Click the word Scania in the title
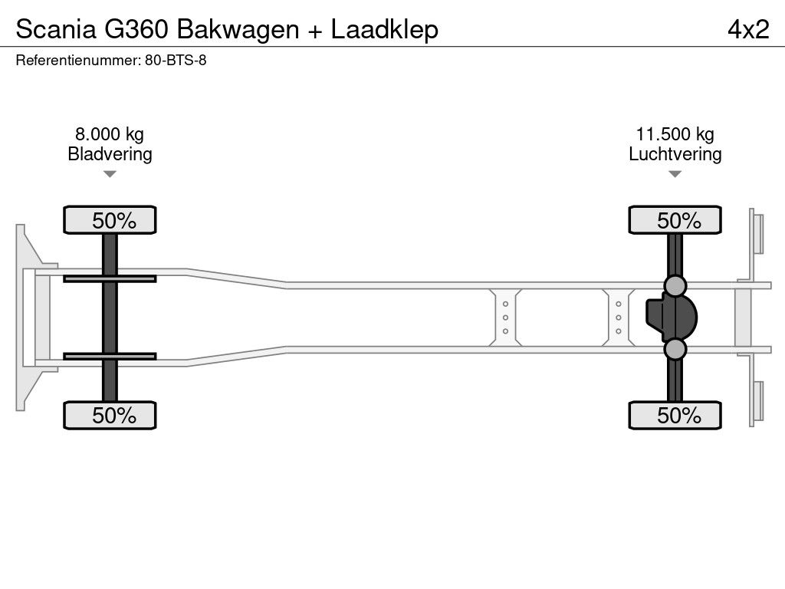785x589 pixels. coord(56,29)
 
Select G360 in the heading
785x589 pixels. coord(136,29)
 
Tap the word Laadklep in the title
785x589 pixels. coord(385,30)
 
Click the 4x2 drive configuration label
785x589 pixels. coord(748,30)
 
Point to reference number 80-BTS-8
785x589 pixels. coord(176,61)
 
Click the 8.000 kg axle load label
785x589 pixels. coord(110,134)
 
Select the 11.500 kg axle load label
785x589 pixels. coord(675,134)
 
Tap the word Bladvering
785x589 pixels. coord(110,154)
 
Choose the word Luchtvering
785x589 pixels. coord(675,154)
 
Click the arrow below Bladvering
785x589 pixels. coord(110,174)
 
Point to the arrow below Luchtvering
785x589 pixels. coord(675,174)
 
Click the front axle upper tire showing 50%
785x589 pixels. coord(110,220)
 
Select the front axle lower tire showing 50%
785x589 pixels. coord(110,415)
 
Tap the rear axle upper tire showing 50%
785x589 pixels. coord(675,220)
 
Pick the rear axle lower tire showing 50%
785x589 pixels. coord(675,415)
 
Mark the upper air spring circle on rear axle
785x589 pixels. coord(675,286)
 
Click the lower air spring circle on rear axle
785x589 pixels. coord(675,349)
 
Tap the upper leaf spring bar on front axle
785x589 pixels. coord(110,278)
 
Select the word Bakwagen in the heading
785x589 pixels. coord(238,30)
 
